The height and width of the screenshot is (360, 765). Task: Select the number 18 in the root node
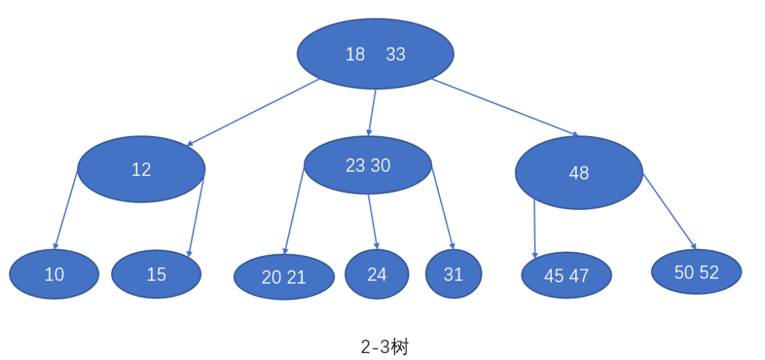coord(355,55)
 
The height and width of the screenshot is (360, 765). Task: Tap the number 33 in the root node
coord(395,55)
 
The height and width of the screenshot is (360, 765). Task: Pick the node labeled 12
coord(141,169)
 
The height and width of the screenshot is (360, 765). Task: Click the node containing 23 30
coord(368,165)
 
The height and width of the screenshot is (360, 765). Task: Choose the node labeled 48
coord(579,173)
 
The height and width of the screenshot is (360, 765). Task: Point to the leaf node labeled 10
coord(54,274)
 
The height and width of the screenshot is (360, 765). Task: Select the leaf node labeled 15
coord(157,274)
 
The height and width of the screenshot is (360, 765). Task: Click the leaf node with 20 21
coord(284,277)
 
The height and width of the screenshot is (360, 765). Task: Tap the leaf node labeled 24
coord(377,274)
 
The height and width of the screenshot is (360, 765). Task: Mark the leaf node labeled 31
coord(453,274)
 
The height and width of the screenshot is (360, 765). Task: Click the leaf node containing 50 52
coord(696,272)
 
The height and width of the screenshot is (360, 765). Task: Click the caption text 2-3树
coord(384,347)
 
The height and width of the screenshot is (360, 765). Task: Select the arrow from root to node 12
coord(254,112)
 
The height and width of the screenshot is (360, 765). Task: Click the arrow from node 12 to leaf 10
coord(66,209)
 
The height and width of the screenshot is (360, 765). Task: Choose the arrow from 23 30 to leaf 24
coord(373,220)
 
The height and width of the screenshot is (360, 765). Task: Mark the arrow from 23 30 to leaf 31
coord(442,207)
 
